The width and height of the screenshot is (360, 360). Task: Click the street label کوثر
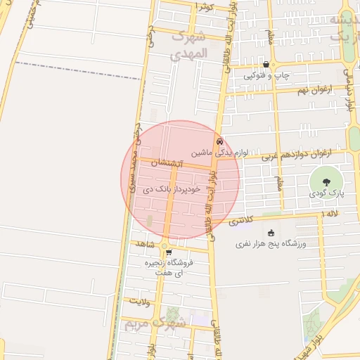[205, 6]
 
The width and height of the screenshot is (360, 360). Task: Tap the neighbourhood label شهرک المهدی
[189, 44]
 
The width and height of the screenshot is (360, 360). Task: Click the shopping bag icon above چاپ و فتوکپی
[265, 64]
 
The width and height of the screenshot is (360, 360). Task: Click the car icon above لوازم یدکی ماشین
[220, 141]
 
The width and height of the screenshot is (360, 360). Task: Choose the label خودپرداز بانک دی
[172, 189]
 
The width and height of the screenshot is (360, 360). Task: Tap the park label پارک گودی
[327, 192]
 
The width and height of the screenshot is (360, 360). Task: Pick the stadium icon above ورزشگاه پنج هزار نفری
[271, 233]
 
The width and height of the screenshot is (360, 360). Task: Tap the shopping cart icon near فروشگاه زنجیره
[168, 252]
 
